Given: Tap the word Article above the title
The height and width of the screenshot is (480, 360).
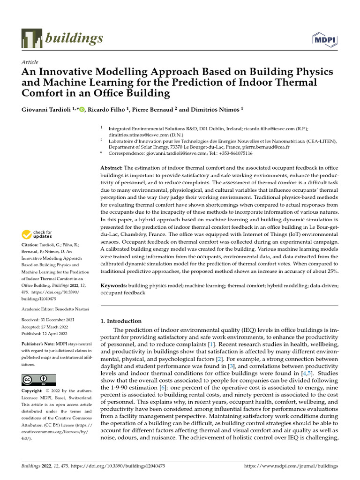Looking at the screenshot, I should point(30,62).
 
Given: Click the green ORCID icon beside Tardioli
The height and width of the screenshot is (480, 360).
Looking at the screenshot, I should point(82,110).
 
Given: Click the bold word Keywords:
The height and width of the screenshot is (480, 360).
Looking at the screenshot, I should point(114,285).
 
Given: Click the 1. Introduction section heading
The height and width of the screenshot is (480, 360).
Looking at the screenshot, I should point(121,321).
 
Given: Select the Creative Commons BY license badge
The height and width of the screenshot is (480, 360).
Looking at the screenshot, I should point(38,379).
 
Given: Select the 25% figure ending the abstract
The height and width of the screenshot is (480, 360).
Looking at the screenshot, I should point(332,271).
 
